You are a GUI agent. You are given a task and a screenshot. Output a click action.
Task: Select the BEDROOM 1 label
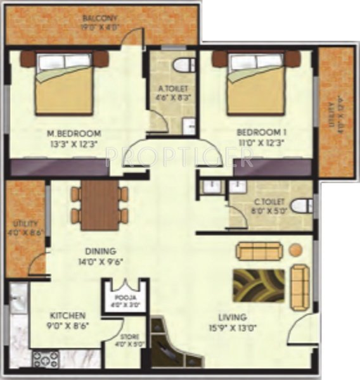[x=262, y=132]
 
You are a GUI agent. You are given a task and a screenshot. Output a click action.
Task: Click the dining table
[x=100, y=205]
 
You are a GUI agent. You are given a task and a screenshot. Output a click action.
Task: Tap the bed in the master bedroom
[x=63, y=82]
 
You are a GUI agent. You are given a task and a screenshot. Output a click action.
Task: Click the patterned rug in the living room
[x=258, y=285]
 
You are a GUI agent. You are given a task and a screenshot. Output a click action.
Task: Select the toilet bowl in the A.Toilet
[x=184, y=65]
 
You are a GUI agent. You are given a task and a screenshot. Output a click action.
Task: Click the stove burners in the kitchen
[x=46, y=359]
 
